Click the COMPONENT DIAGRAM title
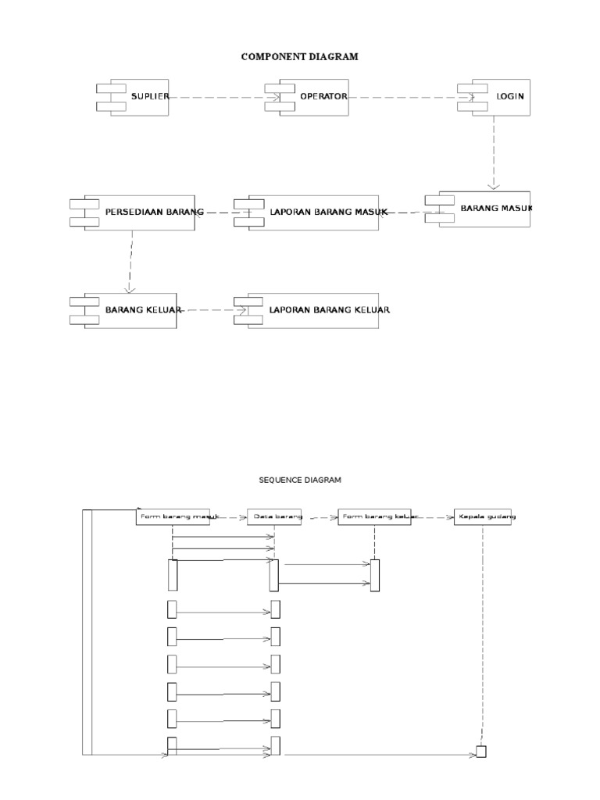pyautogui.click(x=300, y=56)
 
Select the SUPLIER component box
pyautogui.click(x=139, y=97)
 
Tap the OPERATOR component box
pyautogui.click(x=312, y=97)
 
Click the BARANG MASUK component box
pyautogui.click(x=484, y=209)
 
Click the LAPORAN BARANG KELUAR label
pyautogui.click(x=329, y=310)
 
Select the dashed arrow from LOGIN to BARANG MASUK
pyautogui.click(x=493, y=152)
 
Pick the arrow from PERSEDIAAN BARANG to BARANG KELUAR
pyautogui.click(x=131, y=262)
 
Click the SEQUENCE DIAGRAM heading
pyautogui.click(x=300, y=480)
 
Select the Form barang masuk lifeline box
pyautogui.click(x=177, y=517)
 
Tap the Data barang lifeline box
pyautogui.click(x=274, y=517)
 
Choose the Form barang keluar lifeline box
pyautogui.click(x=374, y=517)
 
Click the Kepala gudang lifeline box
pyautogui.click(x=483, y=517)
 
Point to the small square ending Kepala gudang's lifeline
pyautogui.click(x=481, y=752)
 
